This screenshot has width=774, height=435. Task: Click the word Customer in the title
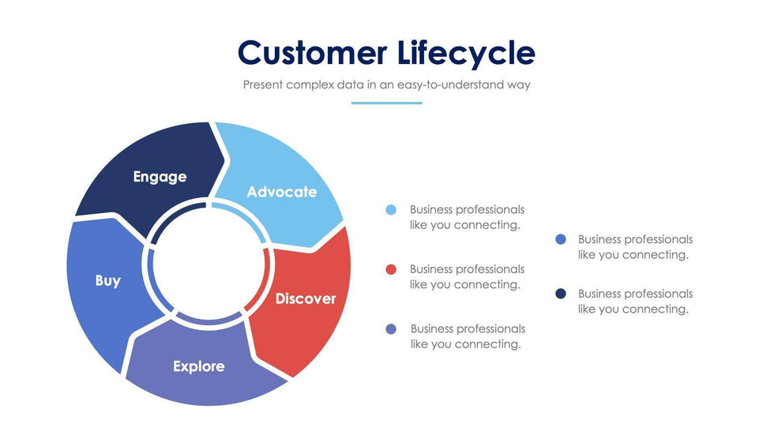[x=312, y=54]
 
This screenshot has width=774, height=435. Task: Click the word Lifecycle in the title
[x=467, y=54]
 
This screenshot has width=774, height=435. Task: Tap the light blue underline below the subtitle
[x=386, y=103]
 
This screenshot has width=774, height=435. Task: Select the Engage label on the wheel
[x=160, y=177]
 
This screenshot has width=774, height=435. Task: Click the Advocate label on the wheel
[x=281, y=192]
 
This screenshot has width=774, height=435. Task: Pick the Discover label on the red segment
[x=305, y=298]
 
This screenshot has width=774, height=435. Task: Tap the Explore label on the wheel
[x=198, y=366]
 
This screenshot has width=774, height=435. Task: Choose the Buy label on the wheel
[x=107, y=280]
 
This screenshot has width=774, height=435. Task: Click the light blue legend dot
[x=391, y=210]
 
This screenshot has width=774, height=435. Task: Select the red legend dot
[x=391, y=269]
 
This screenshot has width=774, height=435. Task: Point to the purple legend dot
[x=391, y=328]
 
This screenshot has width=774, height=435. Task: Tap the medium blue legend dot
[x=561, y=239]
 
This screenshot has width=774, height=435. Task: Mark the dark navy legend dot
[x=561, y=294]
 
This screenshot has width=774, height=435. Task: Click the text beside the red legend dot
[x=467, y=277]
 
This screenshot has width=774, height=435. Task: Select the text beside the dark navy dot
[x=635, y=302]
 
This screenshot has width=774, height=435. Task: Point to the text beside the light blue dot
[x=467, y=217]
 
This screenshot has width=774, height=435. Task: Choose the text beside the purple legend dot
[x=468, y=336]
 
